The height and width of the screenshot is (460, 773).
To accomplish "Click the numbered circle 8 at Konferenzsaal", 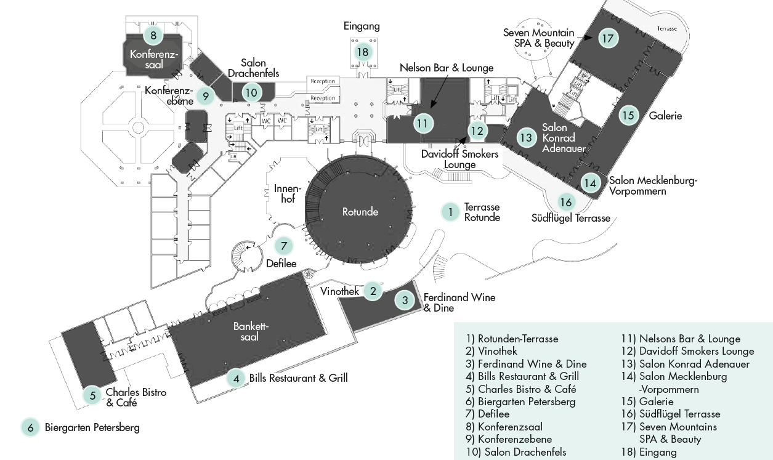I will pyautogui.click(x=153, y=35).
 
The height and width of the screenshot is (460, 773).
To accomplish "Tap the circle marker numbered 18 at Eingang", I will pyautogui.click(x=362, y=52).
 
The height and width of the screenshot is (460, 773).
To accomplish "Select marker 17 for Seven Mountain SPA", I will pyautogui.click(x=608, y=39).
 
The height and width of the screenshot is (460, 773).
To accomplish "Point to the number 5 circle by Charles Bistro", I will pyautogui.click(x=92, y=395).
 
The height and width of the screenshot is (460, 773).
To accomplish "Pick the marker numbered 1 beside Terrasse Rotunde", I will pyautogui.click(x=450, y=212).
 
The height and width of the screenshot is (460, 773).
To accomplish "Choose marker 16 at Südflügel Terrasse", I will pyautogui.click(x=566, y=202).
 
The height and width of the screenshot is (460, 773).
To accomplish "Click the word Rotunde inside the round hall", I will pyautogui.click(x=360, y=212).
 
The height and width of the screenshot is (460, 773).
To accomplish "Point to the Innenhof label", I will pyautogui.click(x=284, y=193).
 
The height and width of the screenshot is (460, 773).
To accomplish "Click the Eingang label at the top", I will pyautogui.click(x=362, y=26).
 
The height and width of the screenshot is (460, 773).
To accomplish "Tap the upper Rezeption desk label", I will pyautogui.click(x=323, y=81).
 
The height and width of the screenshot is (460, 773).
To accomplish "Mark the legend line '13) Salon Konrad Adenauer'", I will pyautogui.click(x=686, y=364).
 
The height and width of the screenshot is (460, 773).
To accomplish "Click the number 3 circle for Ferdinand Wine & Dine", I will pyautogui.click(x=405, y=301).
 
